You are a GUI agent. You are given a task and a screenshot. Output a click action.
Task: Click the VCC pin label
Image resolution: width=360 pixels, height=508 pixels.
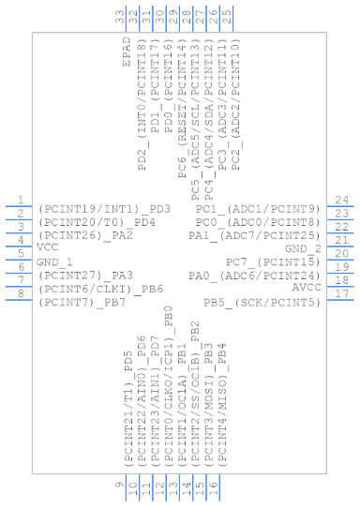pos(48,247)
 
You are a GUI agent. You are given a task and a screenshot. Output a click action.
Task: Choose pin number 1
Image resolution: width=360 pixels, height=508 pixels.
pos(20,201)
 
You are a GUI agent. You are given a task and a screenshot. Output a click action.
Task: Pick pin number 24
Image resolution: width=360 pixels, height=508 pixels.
pos(343,201)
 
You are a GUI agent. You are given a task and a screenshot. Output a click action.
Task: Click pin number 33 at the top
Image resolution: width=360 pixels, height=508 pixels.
pos(120,17)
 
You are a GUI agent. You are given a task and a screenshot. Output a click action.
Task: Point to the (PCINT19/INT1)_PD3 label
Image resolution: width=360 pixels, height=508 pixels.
pos(104,208)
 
